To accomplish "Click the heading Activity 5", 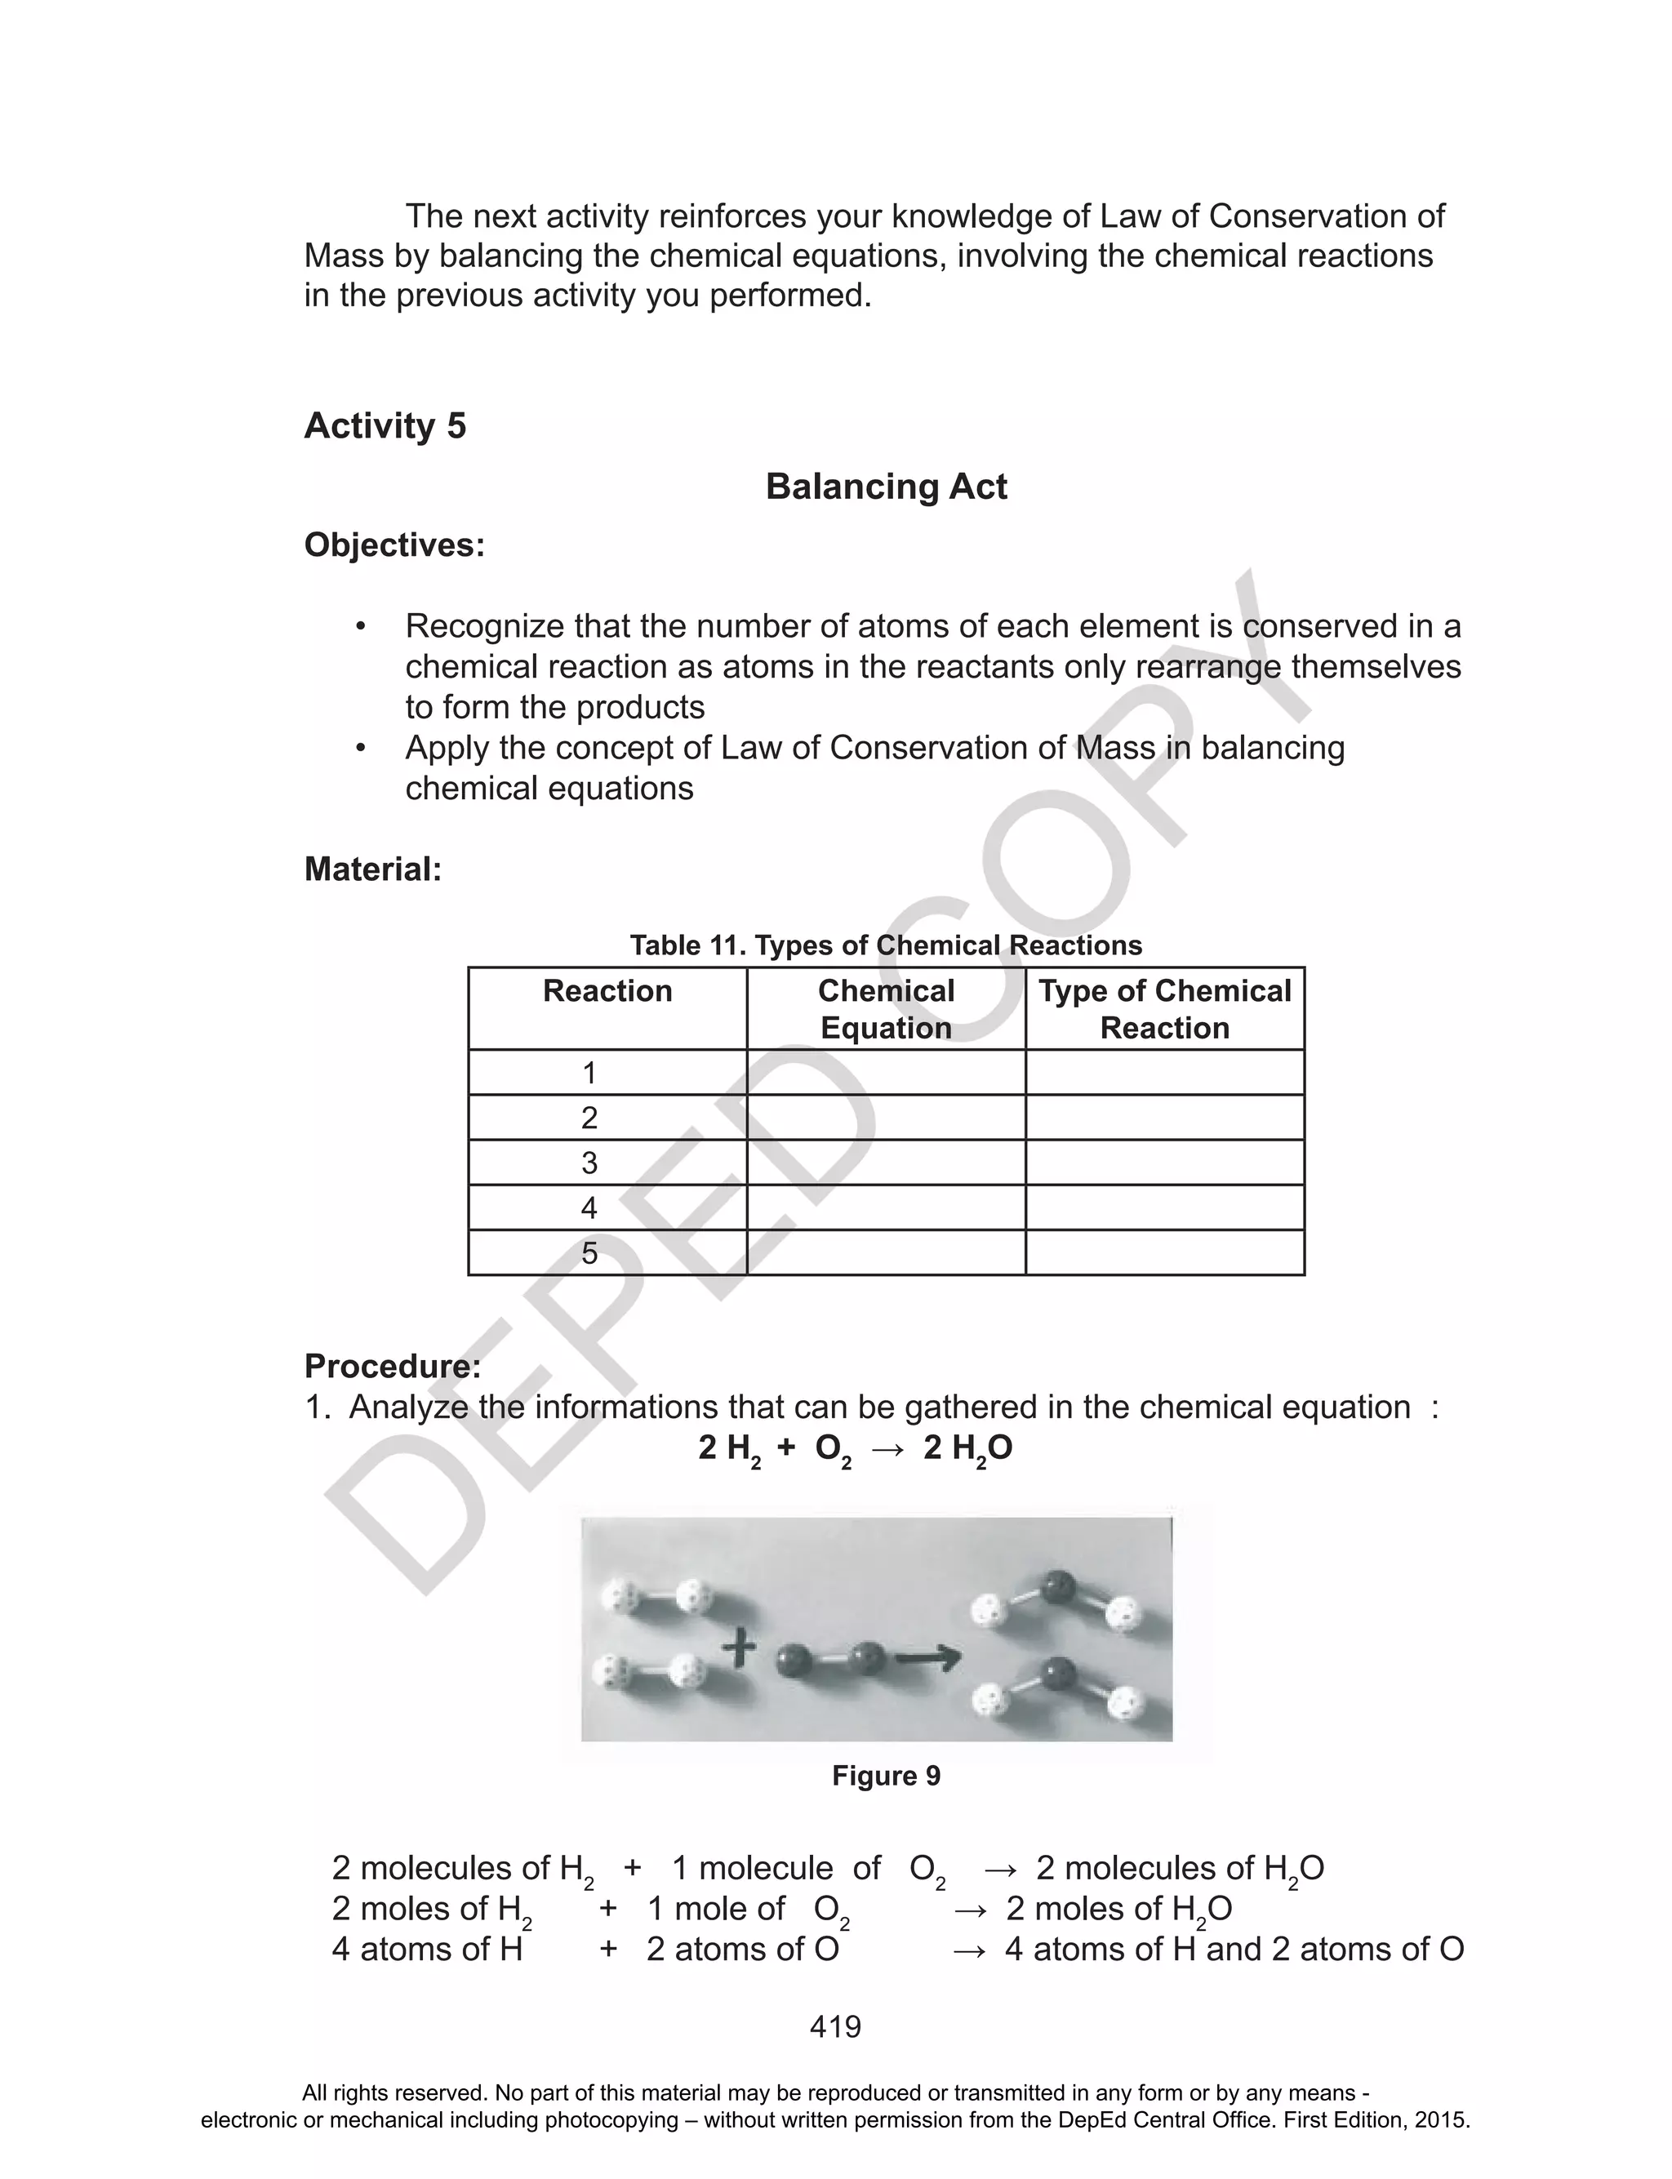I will [385, 426].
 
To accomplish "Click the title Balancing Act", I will [886, 487].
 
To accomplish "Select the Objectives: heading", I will [394, 545].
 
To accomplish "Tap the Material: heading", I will [372, 869].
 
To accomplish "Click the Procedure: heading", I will [392, 1366].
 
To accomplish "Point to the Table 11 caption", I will [886, 945].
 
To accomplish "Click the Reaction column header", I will [607, 991].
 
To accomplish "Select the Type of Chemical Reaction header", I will [1164, 1009].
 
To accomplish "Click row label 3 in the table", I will [589, 1162].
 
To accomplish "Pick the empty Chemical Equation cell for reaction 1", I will [886, 1073].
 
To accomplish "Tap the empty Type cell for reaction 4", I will [1164, 1207].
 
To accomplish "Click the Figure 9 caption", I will [886, 1776].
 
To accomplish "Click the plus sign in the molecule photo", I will [739, 1648].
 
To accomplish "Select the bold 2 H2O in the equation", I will [967, 1448].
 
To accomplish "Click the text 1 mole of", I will [715, 1909].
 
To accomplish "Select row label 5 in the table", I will [589, 1252].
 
